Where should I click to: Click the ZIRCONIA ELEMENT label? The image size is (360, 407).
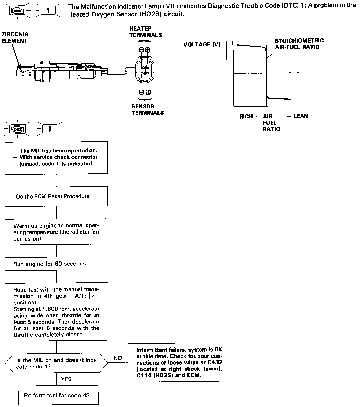15,38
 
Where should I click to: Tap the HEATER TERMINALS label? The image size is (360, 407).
145,32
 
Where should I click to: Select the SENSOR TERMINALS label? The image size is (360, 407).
147,110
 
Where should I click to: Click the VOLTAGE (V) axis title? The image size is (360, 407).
202,45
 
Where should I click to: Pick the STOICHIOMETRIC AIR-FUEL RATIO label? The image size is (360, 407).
299,44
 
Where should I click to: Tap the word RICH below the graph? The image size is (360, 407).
246,117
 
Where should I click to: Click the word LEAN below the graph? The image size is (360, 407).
301,116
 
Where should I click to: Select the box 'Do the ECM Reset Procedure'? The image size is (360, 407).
56,196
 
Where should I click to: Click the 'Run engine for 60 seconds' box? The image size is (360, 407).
56,264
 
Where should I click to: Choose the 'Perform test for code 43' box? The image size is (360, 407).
58,395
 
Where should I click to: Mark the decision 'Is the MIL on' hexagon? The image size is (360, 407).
56,363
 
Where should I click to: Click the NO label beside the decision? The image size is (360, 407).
118,358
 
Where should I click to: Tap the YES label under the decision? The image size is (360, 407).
66,379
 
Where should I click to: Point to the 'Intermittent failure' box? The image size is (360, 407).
179,362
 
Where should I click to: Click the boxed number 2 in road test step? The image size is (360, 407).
93,296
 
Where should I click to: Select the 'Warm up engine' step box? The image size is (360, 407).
56,232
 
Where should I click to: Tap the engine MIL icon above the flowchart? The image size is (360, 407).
17,128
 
